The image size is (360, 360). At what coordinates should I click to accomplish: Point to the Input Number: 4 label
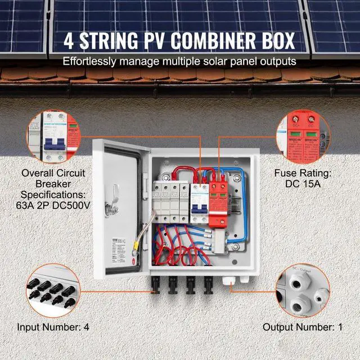[x=53, y=326]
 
